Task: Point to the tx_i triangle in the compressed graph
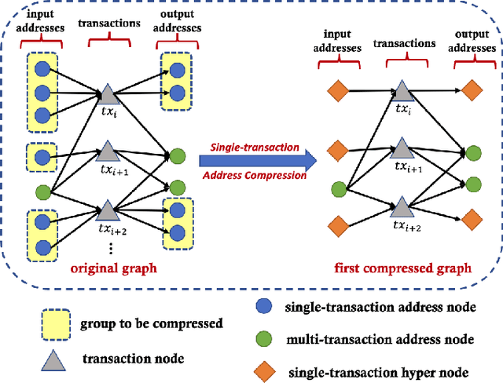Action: (402, 89)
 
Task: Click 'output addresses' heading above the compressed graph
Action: (472, 55)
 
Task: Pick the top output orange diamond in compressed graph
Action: (472, 92)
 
